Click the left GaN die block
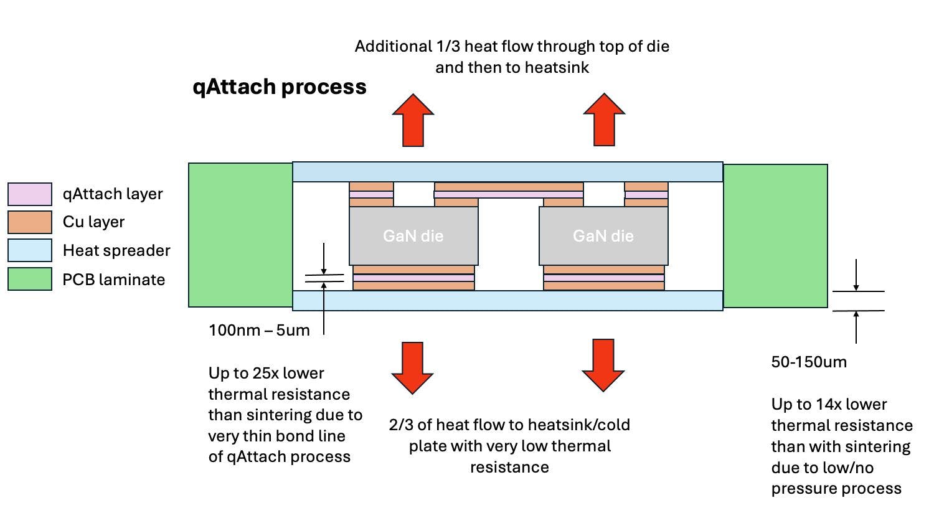[x=413, y=236]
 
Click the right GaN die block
[x=603, y=236]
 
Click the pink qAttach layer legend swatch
[x=30, y=194]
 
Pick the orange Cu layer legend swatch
[x=30, y=222]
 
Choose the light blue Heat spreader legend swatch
[x=30, y=250]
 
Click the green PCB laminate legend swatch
[x=30, y=280]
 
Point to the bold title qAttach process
[x=280, y=87]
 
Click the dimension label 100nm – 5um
[x=259, y=330]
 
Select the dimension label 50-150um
[x=809, y=362]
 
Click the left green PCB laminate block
[x=240, y=235]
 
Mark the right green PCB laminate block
[x=775, y=235]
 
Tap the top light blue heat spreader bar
[x=507, y=172]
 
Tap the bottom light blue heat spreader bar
[x=507, y=301]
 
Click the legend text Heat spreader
[x=116, y=250]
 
